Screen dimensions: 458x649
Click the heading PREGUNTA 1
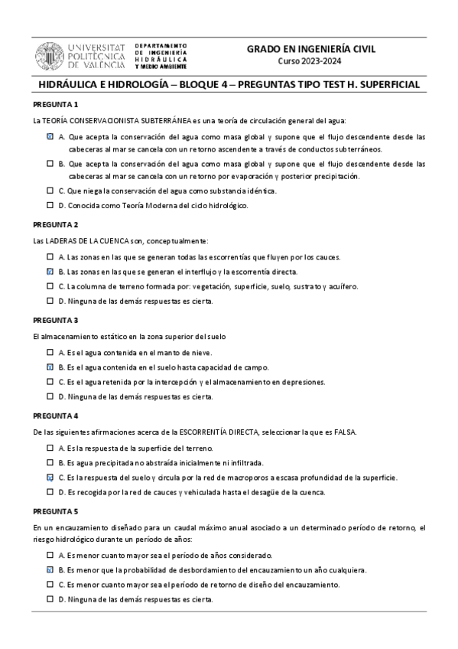click(56, 104)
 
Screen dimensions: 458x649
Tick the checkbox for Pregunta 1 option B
click(50, 164)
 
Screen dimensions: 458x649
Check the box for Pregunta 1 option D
click(50, 205)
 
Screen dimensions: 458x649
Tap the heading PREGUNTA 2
click(56, 224)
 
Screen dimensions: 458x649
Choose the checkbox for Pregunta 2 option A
click(50, 257)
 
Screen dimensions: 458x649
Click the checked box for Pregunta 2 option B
click(50, 272)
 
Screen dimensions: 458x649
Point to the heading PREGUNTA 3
click(56, 320)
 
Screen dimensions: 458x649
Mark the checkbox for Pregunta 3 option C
click(50, 382)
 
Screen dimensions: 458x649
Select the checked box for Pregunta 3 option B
click(50, 367)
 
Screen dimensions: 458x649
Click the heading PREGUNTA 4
click(56, 416)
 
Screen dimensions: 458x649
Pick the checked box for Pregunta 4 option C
click(50, 478)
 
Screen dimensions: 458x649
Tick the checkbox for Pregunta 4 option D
click(50, 492)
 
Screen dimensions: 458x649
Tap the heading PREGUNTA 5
click(56, 511)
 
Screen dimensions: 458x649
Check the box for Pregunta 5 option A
click(50, 556)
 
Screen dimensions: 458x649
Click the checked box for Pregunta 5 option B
click(50, 570)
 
